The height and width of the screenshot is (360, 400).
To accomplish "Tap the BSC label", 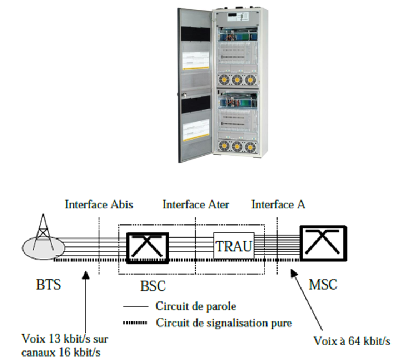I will pyautogui.click(x=152, y=287).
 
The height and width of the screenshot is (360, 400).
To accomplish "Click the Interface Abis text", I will pyautogui.click(x=99, y=204).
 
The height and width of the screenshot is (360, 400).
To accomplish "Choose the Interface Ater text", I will pyautogui.click(x=196, y=204).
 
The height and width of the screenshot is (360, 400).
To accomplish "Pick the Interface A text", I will pyautogui.click(x=278, y=204).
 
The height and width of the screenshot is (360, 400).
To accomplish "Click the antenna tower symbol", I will pyautogui.click(x=44, y=234).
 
